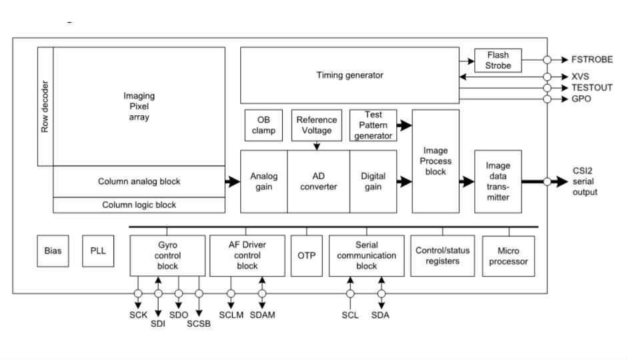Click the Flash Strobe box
click(x=498, y=61)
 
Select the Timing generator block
click(x=350, y=75)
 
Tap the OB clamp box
click(x=263, y=125)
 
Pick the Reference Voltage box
click(x=317, y=125)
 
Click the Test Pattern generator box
click(x=373, y=125)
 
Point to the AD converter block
click(x=318, y=181)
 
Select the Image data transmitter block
click(x=498, y=181)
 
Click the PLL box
click(x=98, y=251)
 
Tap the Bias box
click(x=53, y=251)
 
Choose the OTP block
click(x=306, y=255)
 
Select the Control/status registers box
click(x=442, y=255)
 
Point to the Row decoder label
click(x=45, y=107)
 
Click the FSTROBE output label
click(x=592, y=59)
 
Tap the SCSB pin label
click(x=199, y=324)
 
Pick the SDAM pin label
click(x=262, y=315)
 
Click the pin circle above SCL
click(x=350, y=293)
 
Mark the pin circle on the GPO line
click(x=547, y=99)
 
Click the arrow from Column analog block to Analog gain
click(x=233, y=181)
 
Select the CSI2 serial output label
click(x=584, y=181)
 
